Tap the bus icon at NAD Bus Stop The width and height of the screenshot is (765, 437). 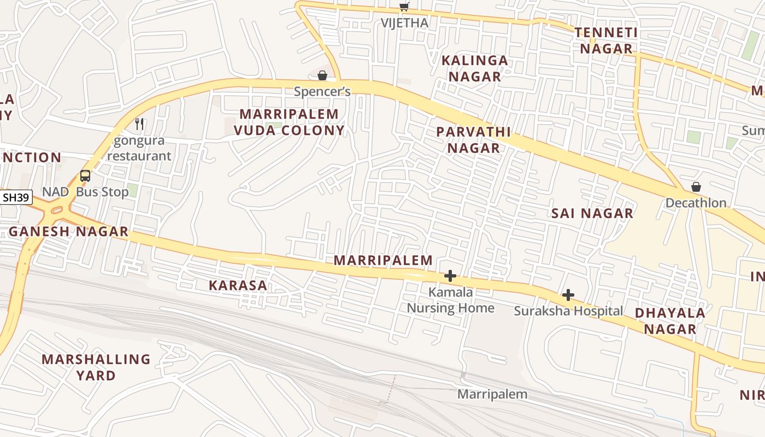85,176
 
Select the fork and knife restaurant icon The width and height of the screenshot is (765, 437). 139,124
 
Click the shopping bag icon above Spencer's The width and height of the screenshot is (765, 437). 322,75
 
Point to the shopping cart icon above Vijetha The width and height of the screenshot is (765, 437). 404,7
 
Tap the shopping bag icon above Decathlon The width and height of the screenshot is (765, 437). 696,187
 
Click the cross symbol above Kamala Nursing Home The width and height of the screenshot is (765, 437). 450,276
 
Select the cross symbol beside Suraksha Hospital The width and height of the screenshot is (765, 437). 568,296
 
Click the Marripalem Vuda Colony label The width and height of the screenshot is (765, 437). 290,122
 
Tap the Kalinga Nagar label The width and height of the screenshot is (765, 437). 475,68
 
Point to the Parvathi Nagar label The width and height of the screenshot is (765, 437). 474,140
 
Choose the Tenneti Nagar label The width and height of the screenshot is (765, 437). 606,41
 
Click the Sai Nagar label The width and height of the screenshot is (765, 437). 592,214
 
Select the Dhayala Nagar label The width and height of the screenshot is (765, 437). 670,321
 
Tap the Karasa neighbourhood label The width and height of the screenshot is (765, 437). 238,285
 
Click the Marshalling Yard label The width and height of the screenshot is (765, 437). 96,367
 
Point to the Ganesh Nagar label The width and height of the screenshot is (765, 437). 69,232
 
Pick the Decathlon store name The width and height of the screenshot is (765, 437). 696,203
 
